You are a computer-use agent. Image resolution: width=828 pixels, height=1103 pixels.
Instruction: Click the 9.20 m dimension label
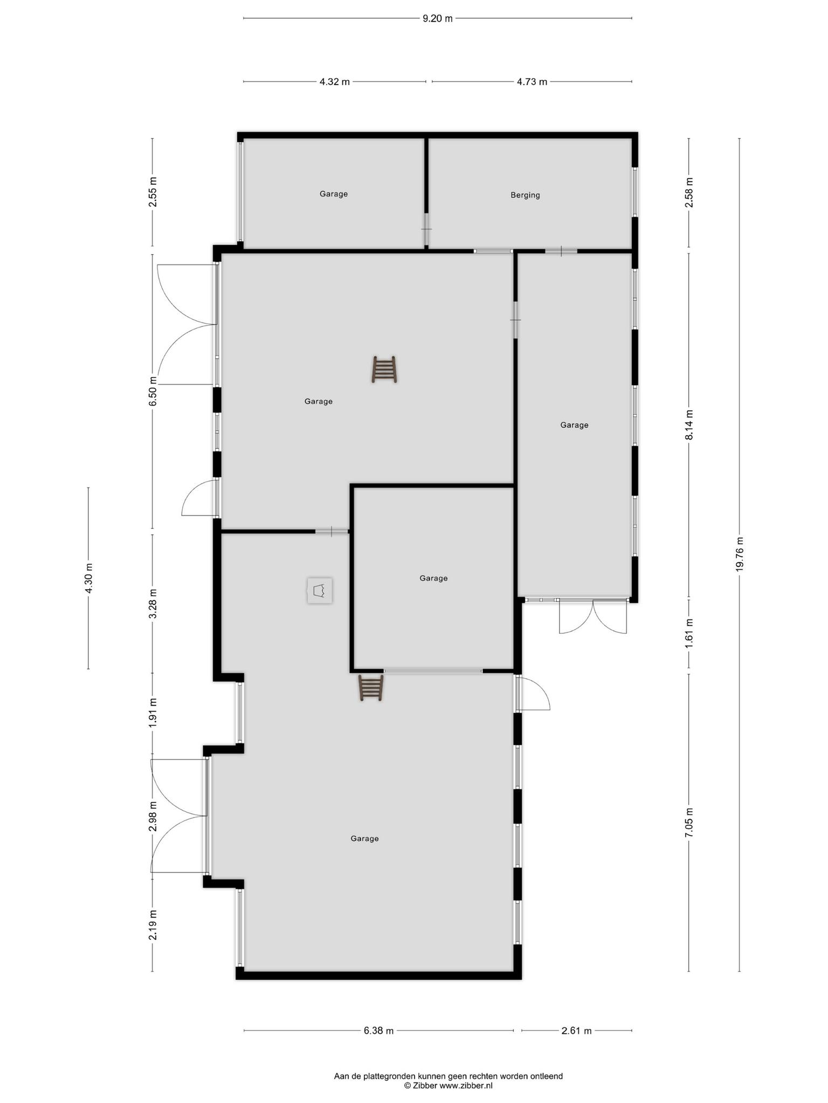point(437,18)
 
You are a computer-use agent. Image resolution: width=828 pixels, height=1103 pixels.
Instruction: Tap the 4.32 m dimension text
point(334,82)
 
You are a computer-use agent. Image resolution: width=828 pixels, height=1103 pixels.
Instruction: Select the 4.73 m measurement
point(532,82)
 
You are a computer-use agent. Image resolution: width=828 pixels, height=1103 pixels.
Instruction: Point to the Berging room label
point(525,196)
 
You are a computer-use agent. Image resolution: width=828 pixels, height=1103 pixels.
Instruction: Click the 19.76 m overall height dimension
point(740,554)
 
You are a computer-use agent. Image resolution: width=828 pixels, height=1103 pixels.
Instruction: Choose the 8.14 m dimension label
point(689,425)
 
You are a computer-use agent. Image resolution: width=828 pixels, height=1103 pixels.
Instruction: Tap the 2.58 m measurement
point(689,192)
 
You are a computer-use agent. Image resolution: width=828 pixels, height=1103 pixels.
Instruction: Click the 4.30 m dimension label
point(89,578)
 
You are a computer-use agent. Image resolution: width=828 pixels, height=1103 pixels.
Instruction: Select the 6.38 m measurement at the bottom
point(378,1031)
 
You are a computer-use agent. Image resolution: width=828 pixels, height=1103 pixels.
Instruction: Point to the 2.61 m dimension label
point(576,1031)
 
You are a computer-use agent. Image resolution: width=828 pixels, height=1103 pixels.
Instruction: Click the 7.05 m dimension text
point(689,822)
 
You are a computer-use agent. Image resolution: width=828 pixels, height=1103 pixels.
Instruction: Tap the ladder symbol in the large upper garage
point(384,369)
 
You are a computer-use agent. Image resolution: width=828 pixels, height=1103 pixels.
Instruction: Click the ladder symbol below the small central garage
point(371,688)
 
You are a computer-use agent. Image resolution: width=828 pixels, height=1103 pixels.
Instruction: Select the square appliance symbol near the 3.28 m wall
point(320,591)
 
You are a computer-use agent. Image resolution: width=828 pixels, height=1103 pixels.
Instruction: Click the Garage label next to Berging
point(334,194)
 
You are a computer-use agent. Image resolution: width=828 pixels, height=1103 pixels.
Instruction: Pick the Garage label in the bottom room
point(364,839)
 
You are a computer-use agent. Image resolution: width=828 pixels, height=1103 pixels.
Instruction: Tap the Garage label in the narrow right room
point(574,425)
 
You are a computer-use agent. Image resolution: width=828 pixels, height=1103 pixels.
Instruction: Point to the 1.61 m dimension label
point(689,636)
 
